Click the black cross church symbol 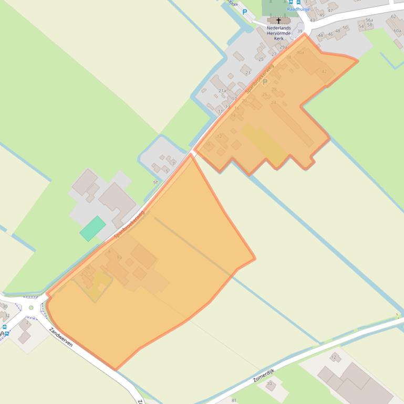[x=278, y=21]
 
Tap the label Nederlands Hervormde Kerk [x=278, y=33]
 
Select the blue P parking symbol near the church [x=245, y=12]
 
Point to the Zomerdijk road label [x=264, y=375]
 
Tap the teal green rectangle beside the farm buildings [x=92, y=228]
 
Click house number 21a [x=222, y=91]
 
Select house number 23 [x=247, y=72]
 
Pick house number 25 [x=261, y=59]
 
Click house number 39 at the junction [x=300, y=31]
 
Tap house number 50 [x=345, y=28]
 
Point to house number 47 [x=330, y=10]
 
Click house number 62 [x=393, y=16]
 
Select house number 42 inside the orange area [x=324, y=72]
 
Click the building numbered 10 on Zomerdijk [x=270, y=384]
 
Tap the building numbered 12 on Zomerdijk [x=334, y=357]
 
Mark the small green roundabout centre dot [x=32, y=307]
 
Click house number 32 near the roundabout [x=7, y=315]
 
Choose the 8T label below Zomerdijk [x=235, y=400]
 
